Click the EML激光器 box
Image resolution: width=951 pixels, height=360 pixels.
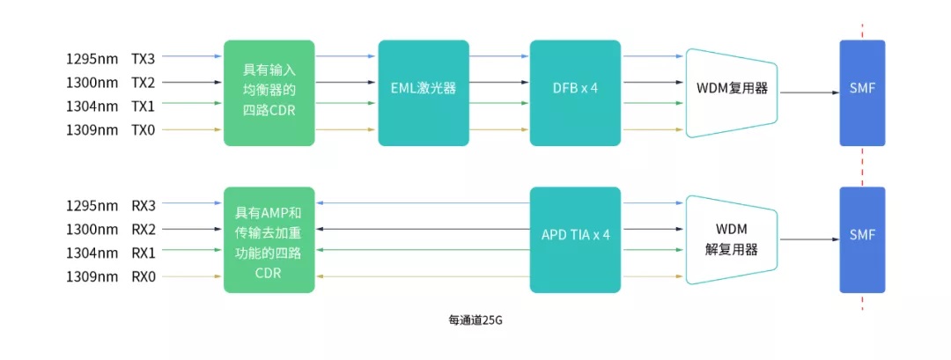[423, 92]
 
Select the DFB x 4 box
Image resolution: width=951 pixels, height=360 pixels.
[575, 92]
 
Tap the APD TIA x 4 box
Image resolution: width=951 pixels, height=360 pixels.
[575, 239]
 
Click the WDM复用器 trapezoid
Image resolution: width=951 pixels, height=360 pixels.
[731, 92]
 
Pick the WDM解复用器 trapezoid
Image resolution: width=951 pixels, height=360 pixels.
[731, 239]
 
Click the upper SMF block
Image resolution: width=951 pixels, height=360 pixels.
[862, 92]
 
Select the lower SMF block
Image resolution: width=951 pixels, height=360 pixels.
[862, 239]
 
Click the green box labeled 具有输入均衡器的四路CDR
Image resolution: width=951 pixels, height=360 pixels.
[269, 92]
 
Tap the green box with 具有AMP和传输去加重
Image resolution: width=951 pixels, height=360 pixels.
[269, 239]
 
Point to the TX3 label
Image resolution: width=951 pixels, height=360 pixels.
[143, 59]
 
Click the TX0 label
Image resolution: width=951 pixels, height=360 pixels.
[143, 130]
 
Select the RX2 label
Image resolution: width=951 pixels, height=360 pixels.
[143, 230]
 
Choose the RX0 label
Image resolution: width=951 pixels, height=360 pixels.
[143, 277]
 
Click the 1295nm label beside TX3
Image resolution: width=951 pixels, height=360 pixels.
[92, 59]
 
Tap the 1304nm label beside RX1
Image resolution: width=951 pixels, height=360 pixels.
[92, 253]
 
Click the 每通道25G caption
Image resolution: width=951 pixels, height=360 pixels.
[475, 320]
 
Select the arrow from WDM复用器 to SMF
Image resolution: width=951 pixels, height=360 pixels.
[807, 92]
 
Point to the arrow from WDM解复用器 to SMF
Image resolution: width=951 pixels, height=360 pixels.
[807, 239]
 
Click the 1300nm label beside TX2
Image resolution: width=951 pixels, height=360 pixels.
[92, 83]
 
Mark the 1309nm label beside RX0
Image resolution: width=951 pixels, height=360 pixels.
[92, 277]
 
